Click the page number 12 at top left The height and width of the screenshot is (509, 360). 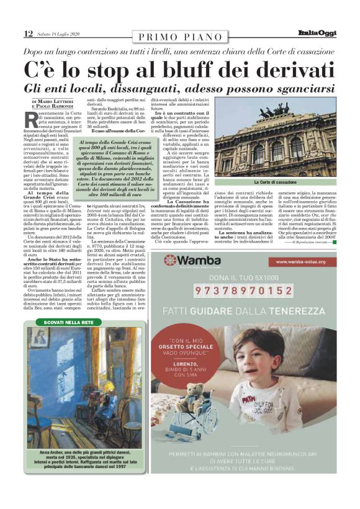tap(29, 33)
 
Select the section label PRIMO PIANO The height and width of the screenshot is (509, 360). tap(179, 35)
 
